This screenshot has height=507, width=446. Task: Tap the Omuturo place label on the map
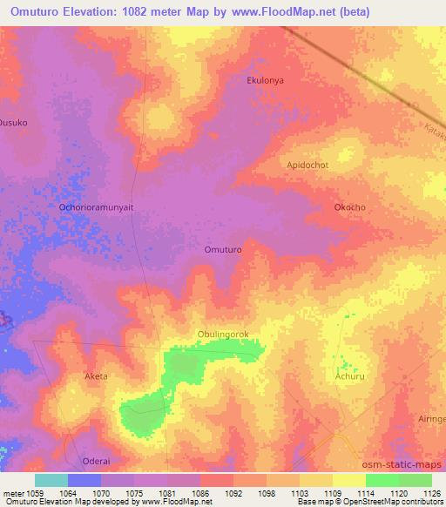click(222, 249)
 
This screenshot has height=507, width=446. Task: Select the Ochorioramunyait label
click(95, 207)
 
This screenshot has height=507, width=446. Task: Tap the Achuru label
click(348, 377)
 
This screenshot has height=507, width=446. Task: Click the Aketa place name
click(96, 376)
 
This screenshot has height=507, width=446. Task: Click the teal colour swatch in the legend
click(51, 480)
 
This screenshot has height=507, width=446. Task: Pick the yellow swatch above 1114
click(348, 480)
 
